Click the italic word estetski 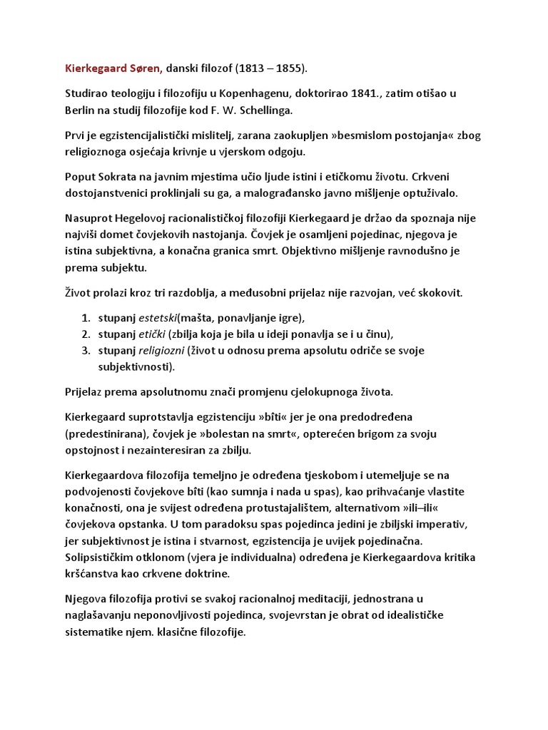point(158,317)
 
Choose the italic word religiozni point(162,351)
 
